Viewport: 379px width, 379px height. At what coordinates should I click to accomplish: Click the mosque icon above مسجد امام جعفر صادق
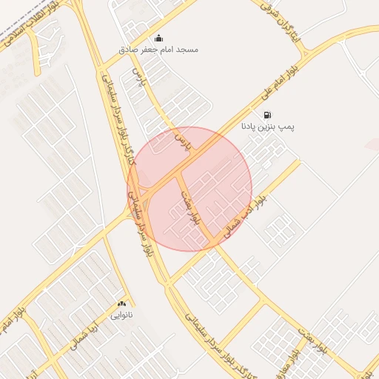pos(158,38)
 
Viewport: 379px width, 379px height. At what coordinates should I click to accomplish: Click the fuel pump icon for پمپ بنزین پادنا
pos(266,115)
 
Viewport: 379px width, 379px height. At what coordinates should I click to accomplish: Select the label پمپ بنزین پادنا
pos(266,127)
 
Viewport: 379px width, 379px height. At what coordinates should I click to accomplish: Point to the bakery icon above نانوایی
pos(121,303)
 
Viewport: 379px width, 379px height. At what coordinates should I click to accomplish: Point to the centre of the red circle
pos(190,189)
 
